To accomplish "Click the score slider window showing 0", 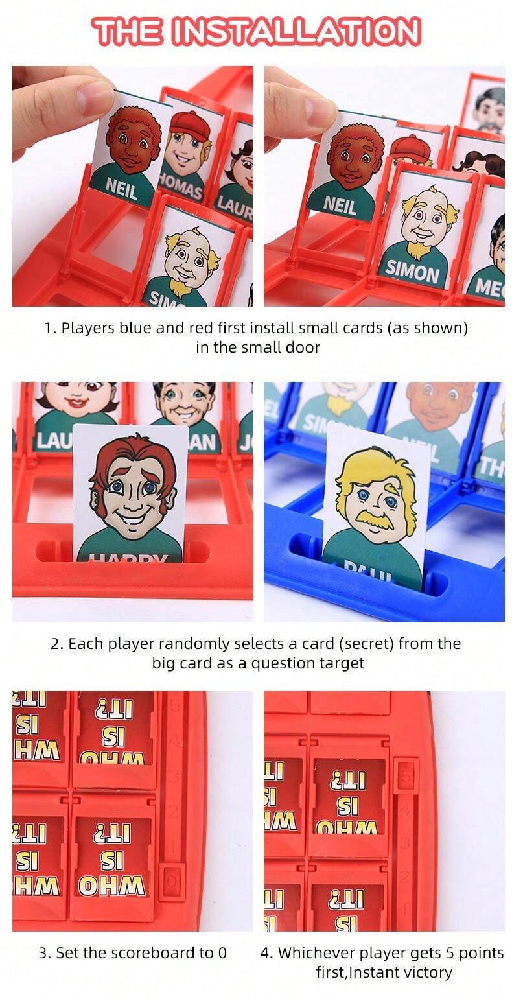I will pyautogui.click(x=171, y=880).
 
